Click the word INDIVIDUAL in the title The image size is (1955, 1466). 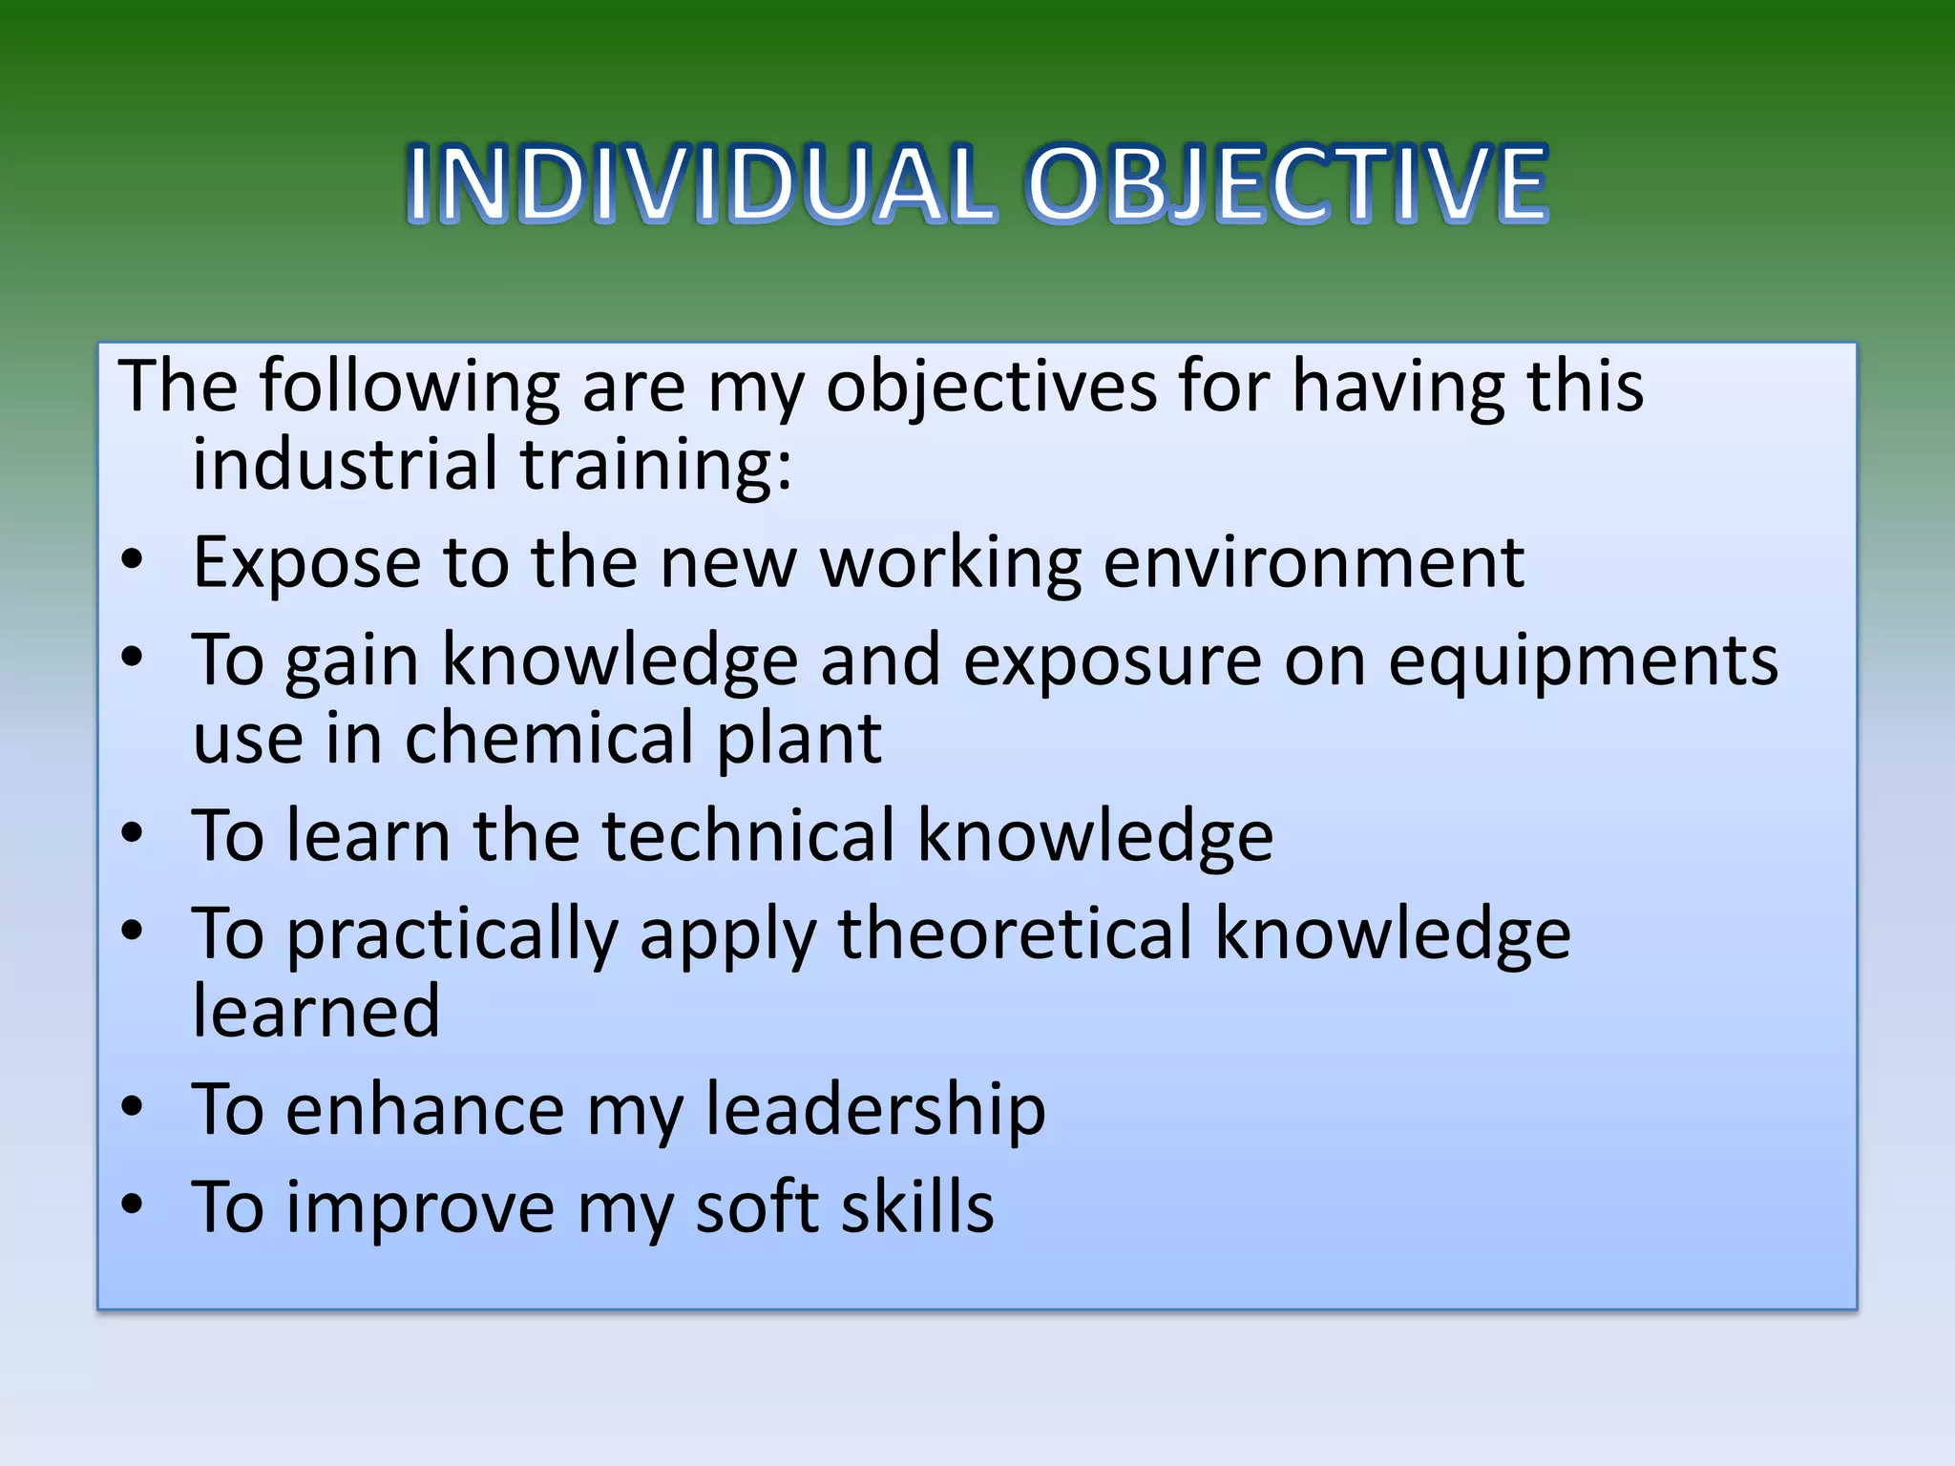click(701, 183)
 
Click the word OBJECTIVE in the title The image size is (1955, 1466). click(1286, 183)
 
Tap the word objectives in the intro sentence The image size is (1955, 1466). click(990, 387)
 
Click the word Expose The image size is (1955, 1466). click(306, 563)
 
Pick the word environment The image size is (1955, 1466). click(1313, 563)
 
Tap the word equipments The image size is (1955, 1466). click(1582, 661)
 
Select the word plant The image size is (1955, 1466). click(799, 741)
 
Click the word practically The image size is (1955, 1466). click(452, 935)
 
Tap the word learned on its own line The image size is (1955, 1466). click(316, 1012)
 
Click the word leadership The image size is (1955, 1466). click(875, 1111)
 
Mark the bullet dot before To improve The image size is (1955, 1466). click(133, 1204)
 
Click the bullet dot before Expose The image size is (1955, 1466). click(133, 561)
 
